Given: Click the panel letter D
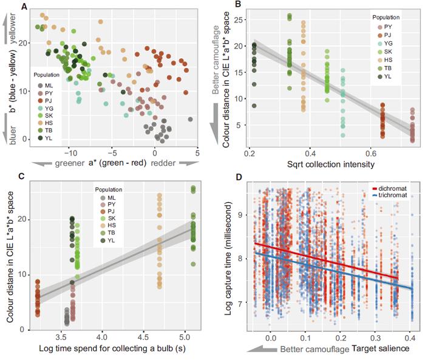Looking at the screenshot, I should (238, 178).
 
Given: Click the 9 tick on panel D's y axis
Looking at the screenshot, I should (241, 214).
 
